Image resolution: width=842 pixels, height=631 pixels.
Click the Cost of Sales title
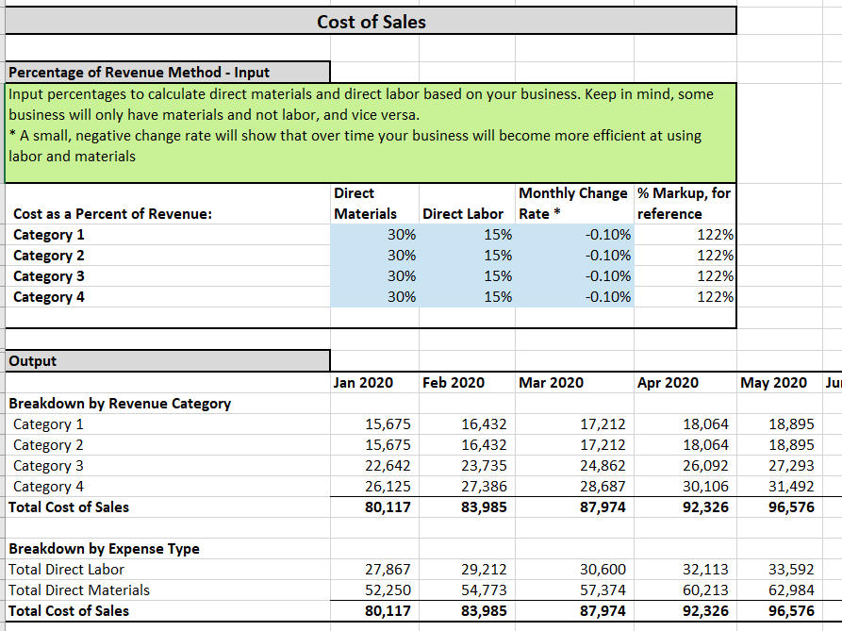click(371, 22)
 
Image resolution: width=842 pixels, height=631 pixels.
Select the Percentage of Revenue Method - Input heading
click(140, 72)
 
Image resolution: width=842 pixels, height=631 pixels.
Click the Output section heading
click(33, 360)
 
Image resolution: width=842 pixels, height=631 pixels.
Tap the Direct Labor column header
click(462, 214)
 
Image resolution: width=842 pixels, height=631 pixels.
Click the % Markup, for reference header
click(684, 203)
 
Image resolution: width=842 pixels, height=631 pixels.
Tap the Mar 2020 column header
click(551, 382)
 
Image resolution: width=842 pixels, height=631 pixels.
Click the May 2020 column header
click(773, 382)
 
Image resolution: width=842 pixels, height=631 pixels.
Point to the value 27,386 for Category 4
click(484, 487)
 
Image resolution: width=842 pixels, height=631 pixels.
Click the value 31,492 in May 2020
click(792, 487)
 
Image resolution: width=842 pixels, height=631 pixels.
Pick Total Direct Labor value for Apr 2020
click(705, 570)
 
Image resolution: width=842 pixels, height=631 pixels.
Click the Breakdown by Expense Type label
click(104, 549)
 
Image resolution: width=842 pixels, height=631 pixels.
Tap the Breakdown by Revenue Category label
click(120, 404)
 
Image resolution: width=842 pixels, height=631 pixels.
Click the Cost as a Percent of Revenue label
click(112, 214)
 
